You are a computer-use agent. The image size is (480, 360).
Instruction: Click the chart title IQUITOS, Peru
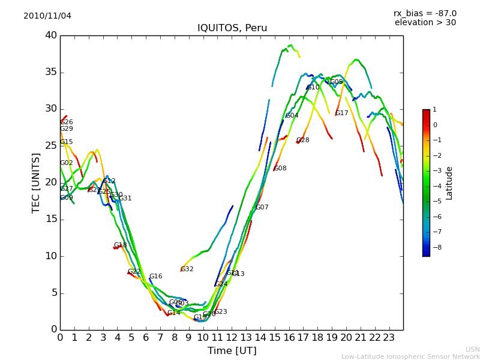232,28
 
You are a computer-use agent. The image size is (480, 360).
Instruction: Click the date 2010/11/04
47,16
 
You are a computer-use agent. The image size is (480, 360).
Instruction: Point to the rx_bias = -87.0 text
425,13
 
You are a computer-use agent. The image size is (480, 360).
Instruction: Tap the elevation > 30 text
425,23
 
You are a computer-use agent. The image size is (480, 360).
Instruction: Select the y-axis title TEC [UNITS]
36,182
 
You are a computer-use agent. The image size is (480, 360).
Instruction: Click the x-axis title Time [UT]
232,351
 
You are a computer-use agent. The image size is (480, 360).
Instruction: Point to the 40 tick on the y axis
51,35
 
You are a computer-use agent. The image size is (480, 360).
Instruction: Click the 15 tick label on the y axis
51,219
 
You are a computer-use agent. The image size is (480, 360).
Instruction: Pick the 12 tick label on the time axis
232,338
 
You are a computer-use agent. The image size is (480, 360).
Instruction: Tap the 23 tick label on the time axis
389,338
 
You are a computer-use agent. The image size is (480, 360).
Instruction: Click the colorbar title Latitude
449,183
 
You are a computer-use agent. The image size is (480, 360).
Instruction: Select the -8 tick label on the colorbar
435,247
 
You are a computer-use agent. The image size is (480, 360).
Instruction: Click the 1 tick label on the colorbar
434,110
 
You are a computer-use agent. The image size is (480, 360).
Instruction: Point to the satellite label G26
67,122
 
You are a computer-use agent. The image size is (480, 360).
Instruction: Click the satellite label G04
292,116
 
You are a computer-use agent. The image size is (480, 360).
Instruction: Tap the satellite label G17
341,113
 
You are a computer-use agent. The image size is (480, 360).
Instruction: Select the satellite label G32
187,269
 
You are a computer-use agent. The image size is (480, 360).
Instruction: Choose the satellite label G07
262,208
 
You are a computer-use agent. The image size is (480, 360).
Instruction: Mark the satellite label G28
303,140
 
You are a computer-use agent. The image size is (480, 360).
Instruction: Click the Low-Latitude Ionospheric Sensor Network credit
410,356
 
